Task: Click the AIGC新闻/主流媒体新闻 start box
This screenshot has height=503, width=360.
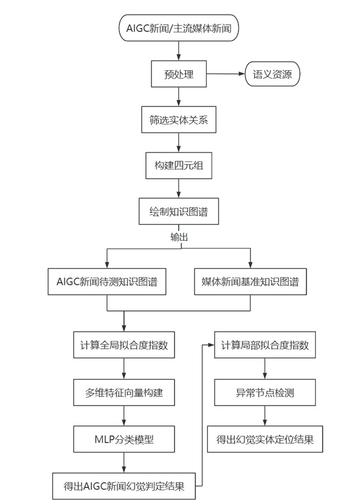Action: (x=179, y=28)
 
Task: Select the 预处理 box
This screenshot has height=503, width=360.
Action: (x=179, y=74)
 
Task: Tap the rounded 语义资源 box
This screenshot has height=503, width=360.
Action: (x=272, y=74)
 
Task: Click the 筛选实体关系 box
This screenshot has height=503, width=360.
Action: (x=179, y=120)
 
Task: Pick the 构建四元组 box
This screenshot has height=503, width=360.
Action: (x=179, y=165)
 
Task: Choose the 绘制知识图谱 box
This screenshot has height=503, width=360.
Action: (x=179, y=211)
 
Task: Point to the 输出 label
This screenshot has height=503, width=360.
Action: (x=179, y=237)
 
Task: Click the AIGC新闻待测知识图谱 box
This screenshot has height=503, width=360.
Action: (x=107, y=282)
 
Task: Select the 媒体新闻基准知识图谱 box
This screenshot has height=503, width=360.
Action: (x=250, y=282)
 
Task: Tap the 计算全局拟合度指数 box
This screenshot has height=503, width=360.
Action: (x=124, y=346)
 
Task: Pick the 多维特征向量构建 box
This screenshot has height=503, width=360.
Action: (x=124, y=393)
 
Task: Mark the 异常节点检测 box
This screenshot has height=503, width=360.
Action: (x=265, y=393)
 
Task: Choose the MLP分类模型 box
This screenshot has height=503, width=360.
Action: (x=124, y=439)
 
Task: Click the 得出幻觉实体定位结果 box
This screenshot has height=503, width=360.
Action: (x=265, y=439)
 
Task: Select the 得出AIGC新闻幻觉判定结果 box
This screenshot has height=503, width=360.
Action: (x=124, y=486)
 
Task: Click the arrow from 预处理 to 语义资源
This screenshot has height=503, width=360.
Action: (x=225, y=74)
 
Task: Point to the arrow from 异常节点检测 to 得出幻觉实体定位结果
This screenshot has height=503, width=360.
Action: (x=265, y=416)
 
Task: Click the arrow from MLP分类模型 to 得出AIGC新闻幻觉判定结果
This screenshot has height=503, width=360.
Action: (x=124, y=463)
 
